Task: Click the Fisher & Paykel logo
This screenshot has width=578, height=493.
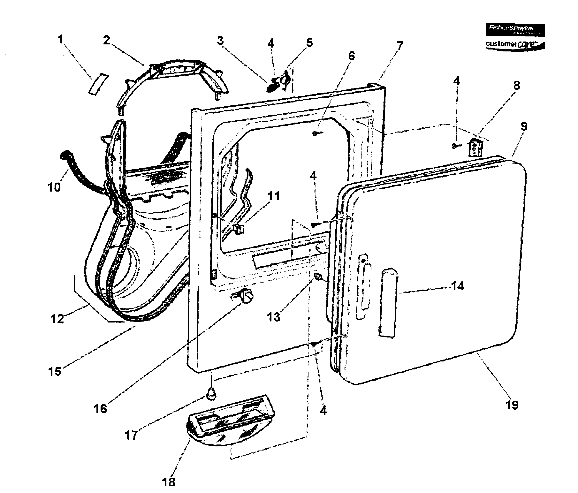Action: [515, 30]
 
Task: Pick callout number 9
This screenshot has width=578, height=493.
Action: [524, 126]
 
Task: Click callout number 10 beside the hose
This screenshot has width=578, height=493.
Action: [54, 187]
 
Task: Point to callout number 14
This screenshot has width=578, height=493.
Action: [458, 286]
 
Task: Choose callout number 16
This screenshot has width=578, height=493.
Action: [100, 409]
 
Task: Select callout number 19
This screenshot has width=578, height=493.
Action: [512, 405]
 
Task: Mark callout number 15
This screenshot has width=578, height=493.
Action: [55, 371]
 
